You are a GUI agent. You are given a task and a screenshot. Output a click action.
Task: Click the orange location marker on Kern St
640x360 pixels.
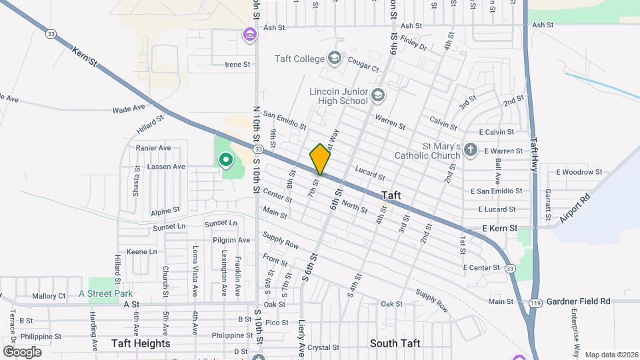(x=320, y=159)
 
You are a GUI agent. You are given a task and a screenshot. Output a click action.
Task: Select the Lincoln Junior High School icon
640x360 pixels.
(x=378, y=96)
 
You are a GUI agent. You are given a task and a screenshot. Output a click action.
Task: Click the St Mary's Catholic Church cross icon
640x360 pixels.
(x=471, y=149)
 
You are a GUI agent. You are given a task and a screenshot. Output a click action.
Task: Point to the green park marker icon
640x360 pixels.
(x=225, y=160)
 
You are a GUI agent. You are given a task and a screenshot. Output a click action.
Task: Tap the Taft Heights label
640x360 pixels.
(x=141, y=343)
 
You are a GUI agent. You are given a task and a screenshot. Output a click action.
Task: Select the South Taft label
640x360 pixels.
(x=395, y=343)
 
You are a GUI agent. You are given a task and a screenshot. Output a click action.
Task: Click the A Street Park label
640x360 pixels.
(x=106, y=293)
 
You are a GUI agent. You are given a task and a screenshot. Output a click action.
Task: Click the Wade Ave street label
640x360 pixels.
(x=129, y=109)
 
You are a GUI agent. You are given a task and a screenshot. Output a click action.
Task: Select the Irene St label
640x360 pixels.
(x=237, y=65)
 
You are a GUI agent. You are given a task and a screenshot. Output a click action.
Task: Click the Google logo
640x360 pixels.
(x=22, y=351)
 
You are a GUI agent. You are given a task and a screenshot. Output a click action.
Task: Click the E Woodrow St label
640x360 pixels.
(x=579, y=172)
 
